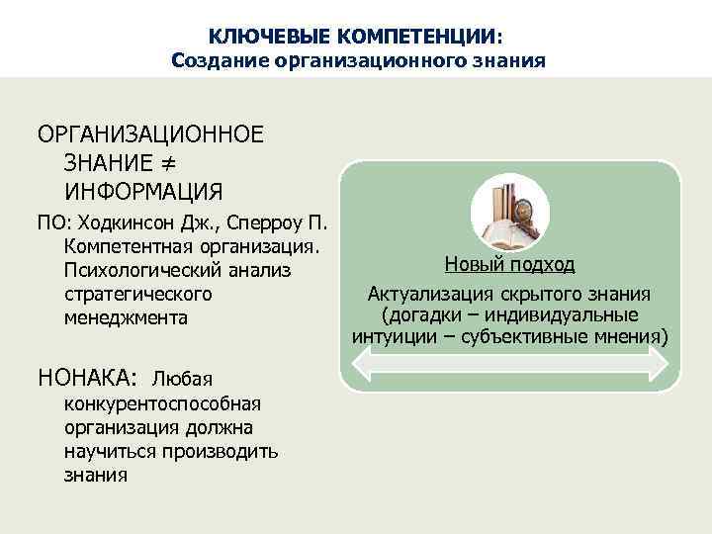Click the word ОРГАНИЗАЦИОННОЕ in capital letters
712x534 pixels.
[150, 134]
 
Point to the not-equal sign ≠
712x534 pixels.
[166, 161]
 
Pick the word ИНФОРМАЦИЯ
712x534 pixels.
[143, 189]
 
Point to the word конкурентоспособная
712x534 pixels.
[162, 402]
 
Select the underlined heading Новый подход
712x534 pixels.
[509, 265]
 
